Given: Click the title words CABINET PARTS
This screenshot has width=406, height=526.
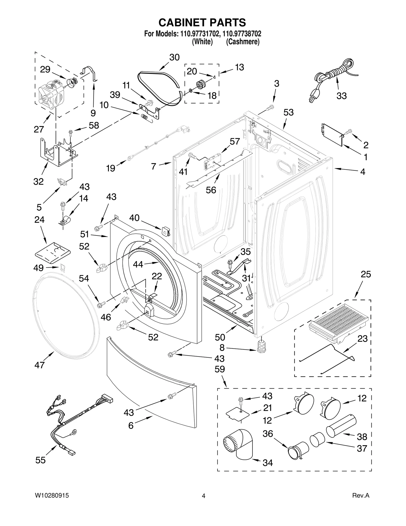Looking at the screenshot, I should click(x=202, y=22).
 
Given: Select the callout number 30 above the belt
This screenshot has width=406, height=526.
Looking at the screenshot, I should click(x=174, y=57).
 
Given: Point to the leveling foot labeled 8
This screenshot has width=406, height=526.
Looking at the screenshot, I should click(x=261, y=346).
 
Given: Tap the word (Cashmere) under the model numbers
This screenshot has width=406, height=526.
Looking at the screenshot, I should click(x=243, y=42).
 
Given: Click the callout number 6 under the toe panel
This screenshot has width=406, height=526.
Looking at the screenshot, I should click(x=131, y=425).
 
